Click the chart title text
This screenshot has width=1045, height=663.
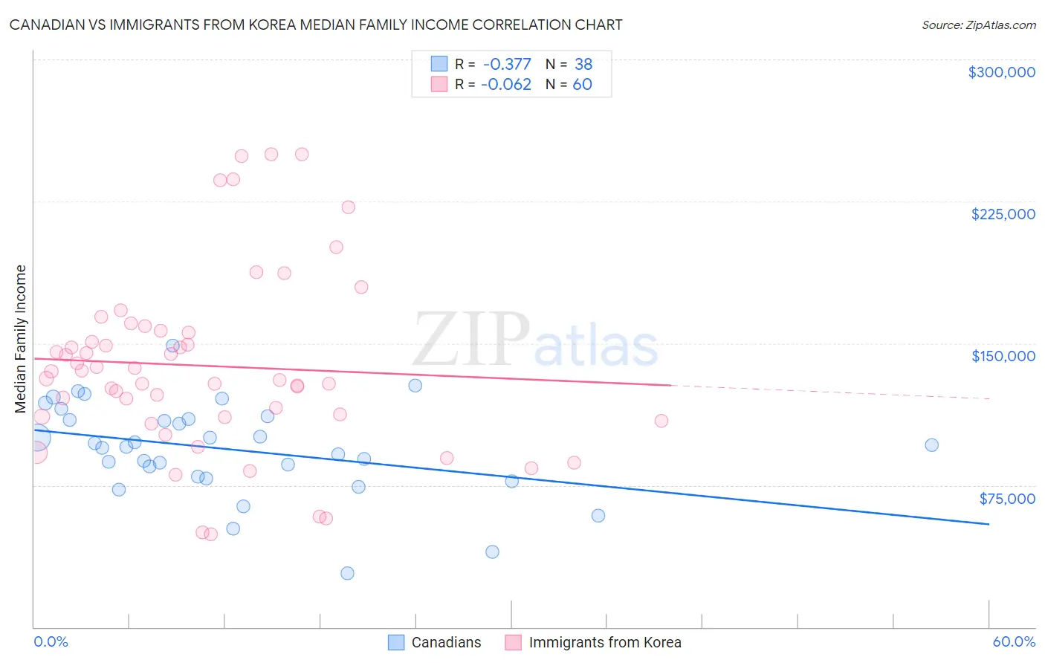[x=316, y=25]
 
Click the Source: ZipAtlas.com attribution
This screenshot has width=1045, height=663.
[x=978, y=25]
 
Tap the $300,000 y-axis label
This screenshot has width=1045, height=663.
[x=1001, y=72]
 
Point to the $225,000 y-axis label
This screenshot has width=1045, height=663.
[x=1003, y=214]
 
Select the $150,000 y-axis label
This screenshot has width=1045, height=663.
[x=1003, y=356]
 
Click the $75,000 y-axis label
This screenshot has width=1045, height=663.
[x=1006, y=499]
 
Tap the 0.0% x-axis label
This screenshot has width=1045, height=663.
[x=51, y=641]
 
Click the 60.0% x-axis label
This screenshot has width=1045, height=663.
[x=1014, y=641]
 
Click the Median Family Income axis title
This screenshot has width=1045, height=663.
[x=20, y=339]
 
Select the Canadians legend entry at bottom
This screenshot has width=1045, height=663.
[x=445, y=642]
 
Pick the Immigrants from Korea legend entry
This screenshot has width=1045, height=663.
[x=604, y=642]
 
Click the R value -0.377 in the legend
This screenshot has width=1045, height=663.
[x=507, y=65]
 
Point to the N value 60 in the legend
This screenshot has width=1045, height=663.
[x=582, y=85]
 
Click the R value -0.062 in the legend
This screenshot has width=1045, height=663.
[x=506, y=85]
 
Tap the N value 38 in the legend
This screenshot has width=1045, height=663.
[x=583, y=65]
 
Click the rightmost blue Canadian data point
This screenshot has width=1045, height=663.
[x=931, y=445]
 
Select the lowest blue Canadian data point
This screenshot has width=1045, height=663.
[x=347, y=573]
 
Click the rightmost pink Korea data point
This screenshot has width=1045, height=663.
[x=661, y=421]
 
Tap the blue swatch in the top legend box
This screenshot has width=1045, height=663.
[x=439, y=65]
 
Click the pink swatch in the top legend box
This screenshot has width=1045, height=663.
[x=439, y=85]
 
